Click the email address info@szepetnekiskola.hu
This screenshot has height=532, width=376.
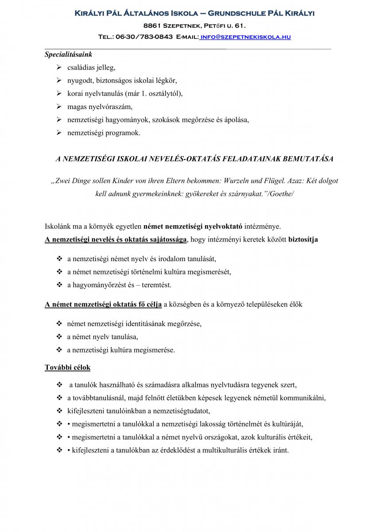246,37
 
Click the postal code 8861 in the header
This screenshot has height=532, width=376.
153,25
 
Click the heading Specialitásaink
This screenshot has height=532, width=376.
68,55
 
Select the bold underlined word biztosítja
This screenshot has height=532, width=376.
303,239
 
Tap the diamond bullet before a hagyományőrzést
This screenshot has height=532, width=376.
59,285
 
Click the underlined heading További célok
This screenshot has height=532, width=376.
68,368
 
